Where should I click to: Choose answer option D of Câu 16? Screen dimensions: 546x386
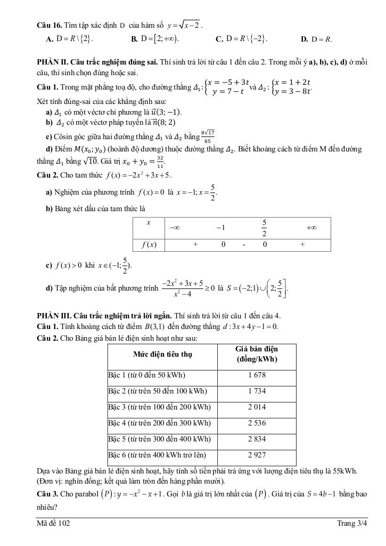pos(316,39)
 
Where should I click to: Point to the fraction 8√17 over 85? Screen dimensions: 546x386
pos(208,137)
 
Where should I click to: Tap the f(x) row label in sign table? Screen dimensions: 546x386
pos(148,245)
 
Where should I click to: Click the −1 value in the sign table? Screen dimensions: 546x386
pos(220,227)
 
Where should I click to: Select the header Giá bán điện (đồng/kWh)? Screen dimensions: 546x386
pos(257,354)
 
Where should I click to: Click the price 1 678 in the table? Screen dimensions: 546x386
pos(257,375)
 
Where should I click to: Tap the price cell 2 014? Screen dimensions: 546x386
pos(257,407)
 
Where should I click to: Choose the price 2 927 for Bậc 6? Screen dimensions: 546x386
pos(257,456)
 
